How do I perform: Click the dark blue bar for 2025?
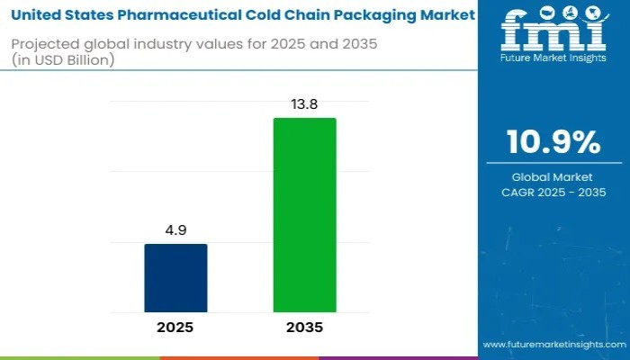(175, 278)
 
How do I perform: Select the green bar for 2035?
(304, 215)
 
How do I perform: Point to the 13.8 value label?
(304, 105)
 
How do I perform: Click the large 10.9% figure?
(553, 142)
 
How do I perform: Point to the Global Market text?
(553, 177)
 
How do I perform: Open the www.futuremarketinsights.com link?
(553, 345)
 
